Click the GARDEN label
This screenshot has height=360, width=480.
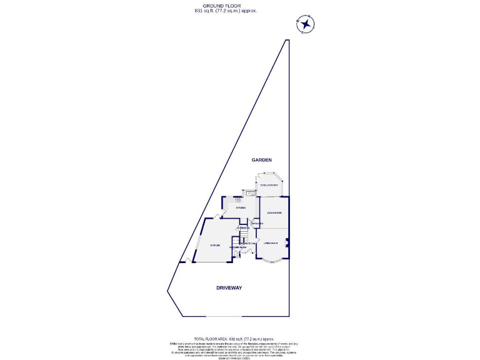tap(262, 161)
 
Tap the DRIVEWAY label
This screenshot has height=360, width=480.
tap(229, 288)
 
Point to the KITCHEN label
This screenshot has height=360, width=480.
tap(241, 207)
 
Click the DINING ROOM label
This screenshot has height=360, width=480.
tap(274, 214)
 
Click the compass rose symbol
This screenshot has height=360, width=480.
tap(305, 25)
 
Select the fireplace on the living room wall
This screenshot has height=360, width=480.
tap(287, 243)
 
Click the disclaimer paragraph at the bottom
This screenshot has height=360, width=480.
tap(234, 349)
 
